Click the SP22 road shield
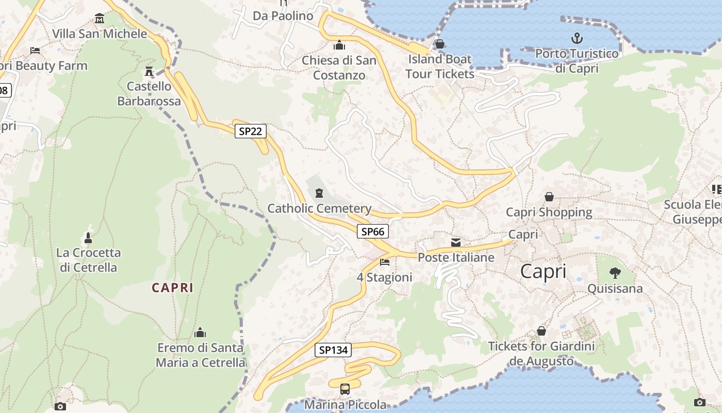[x=251, y=131]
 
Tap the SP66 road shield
[x=373, y=231]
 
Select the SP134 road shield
[x=333, y=350]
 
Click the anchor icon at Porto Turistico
[x=577, y=38]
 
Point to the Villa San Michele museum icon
[x=100, y=19]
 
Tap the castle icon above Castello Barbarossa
[x=150, y=70]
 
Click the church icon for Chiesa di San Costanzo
[x=339, y=45]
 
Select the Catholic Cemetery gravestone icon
[x=319, y=194]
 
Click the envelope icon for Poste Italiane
[x=456, y=242]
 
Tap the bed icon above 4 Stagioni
[x=385, y=262]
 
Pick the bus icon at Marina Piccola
[x=345, y=389]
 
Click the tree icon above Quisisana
[x=615, y=273]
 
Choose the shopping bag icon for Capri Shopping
[x=549, y=197]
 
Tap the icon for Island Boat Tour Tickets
[x=440, y=44]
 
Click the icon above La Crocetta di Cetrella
[x=88, y=238]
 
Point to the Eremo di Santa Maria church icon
[x=200, y=332]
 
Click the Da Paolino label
[x=283, y=16]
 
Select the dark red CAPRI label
[x=173, y=288]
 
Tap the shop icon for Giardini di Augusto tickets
[x=541, y=330]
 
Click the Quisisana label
[x=615, y=288]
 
